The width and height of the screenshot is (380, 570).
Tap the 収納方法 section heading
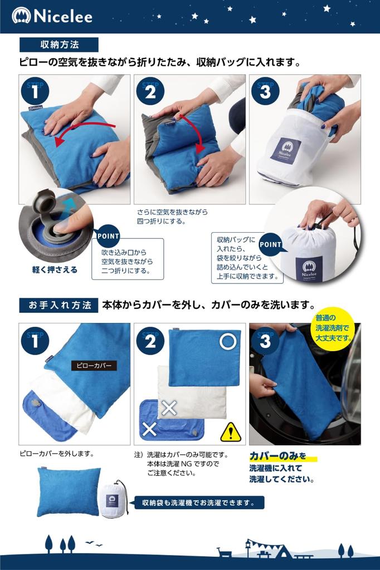tap(59, 45)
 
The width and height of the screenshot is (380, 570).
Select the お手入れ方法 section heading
tap(59, 305)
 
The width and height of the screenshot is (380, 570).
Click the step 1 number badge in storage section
tap(35, 91)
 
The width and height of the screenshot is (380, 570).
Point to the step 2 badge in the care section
tap(150, 340)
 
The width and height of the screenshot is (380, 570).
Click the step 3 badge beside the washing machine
tap(265, 340)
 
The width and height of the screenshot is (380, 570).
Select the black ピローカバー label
tap(93, 366)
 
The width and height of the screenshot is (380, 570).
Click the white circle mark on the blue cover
tap(228, 341)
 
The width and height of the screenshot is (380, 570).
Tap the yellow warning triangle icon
tap(230, 432)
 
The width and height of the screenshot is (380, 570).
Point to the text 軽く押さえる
tap(55, 270)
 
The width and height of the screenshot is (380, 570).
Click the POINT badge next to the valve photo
tap(108, 235)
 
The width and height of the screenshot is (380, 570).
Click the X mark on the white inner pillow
tap(169, 407)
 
